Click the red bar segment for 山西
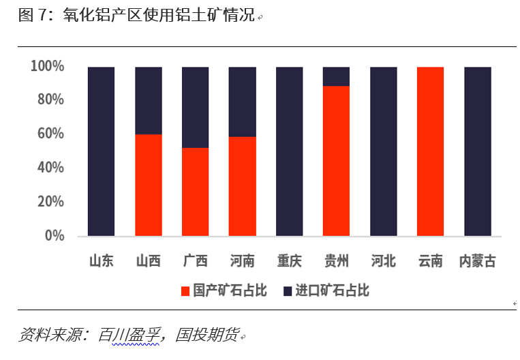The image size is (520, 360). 149,185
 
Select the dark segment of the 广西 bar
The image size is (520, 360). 196,107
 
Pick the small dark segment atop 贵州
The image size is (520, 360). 336,76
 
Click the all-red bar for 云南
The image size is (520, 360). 430,151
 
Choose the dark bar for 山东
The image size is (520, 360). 102,151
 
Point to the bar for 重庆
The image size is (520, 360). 289,151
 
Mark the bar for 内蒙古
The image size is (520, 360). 477,151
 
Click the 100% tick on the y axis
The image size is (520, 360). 47,66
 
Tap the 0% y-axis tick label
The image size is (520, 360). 54,235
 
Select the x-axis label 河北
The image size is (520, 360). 383,261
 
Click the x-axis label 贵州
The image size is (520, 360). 336,261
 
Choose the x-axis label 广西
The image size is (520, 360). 196,261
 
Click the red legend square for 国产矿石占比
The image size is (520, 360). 185,291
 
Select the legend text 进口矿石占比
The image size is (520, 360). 332,291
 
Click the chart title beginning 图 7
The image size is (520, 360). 136,16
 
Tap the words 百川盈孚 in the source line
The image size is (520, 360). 129,335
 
